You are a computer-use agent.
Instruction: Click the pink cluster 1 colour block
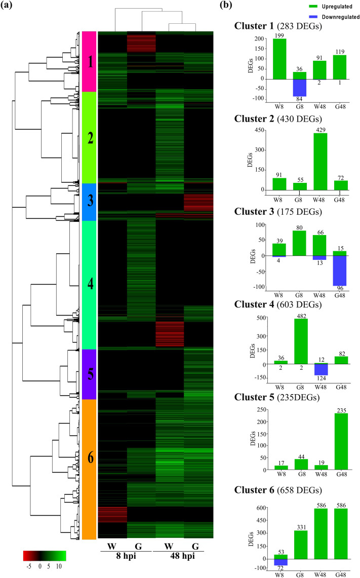tap(89, 61)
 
